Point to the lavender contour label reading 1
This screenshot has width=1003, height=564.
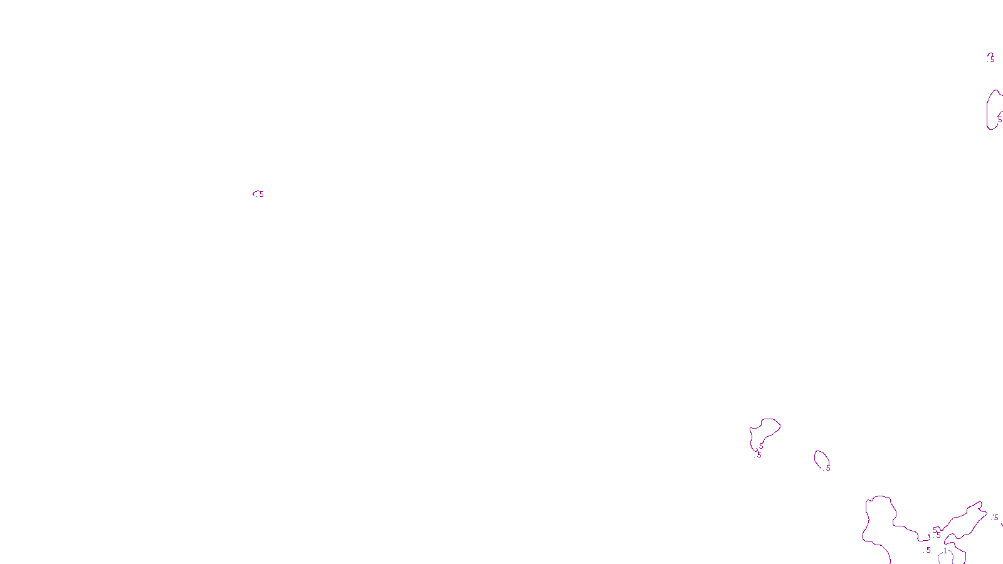point(945,551)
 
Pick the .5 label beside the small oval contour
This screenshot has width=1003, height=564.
point(827,468)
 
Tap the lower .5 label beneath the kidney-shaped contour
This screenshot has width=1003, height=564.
point(759,455)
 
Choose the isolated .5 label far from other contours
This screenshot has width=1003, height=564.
point(261,194)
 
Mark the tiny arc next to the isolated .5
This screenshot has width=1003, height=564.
point(255,194)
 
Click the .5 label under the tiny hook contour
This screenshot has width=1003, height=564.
point(992,60)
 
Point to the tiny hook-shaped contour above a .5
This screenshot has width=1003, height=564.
point(990,55)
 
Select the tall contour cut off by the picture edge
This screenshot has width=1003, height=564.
point(989,110)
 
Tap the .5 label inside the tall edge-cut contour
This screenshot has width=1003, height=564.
point(999,118)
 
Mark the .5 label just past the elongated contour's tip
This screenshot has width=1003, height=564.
point(995,518)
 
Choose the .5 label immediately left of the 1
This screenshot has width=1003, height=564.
point(928,550)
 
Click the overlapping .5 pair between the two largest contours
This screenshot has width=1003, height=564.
point(937,533)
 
